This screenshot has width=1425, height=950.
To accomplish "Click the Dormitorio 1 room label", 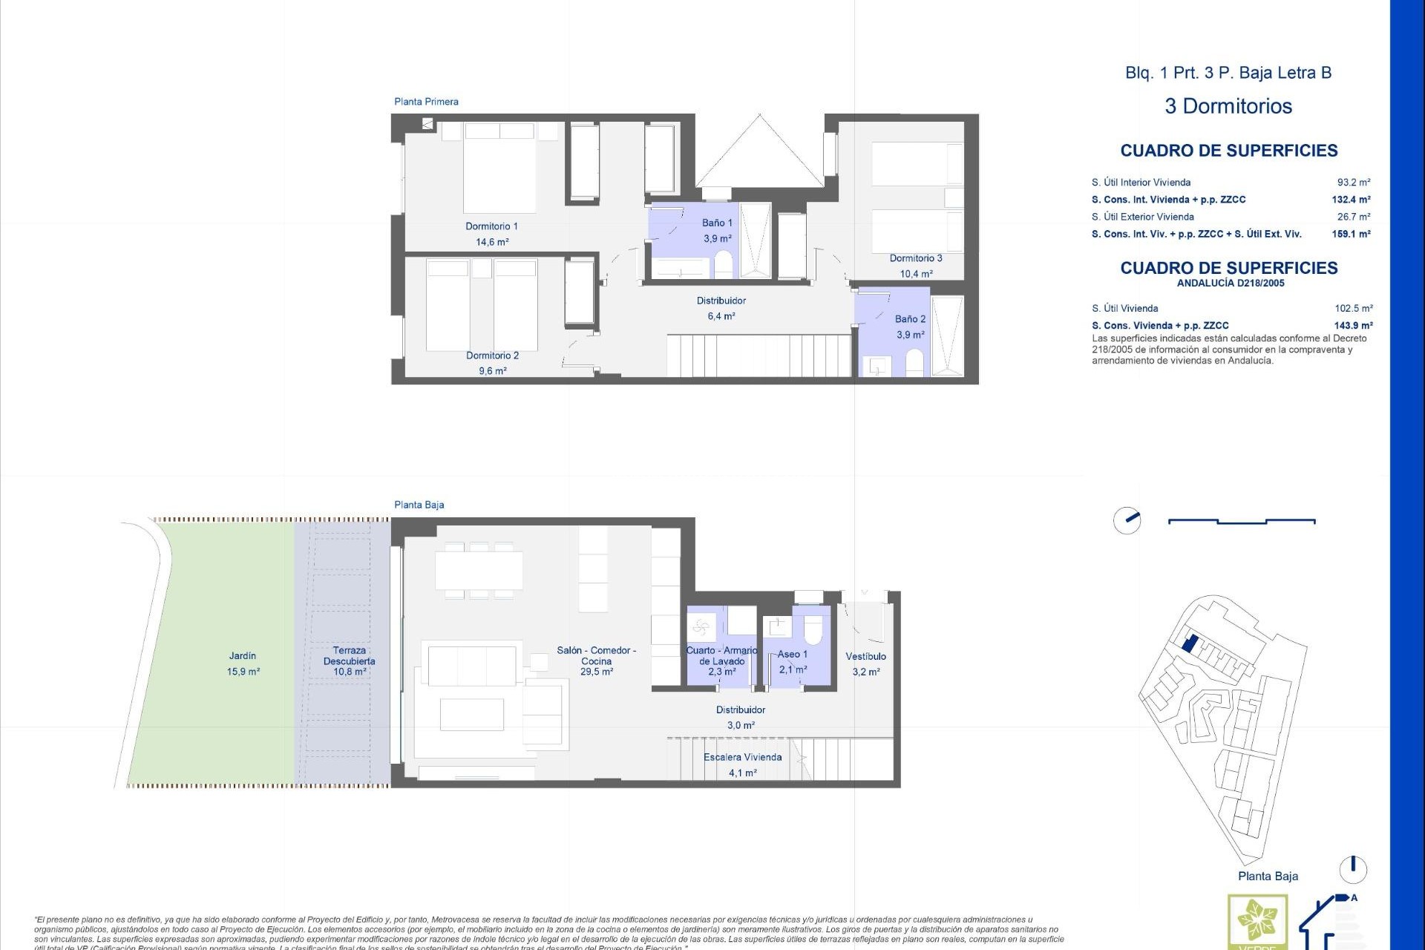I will click(x=491, y=226).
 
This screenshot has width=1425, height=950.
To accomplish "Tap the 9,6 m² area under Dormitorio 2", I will click(x=492, y=371).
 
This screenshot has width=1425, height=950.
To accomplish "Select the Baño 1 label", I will click(x=717, y=223).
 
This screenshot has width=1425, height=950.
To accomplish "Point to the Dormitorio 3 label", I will click(x=916, y=258).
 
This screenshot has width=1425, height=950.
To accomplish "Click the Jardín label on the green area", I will click(x=243, y=656).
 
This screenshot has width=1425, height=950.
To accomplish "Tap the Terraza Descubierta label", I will click(x=350, y=655).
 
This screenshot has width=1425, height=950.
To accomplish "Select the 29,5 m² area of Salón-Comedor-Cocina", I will click(x=597, y=672).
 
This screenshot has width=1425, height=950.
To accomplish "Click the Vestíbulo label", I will click(x=865, y=656).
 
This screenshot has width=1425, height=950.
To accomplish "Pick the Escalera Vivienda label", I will click(x=742, y=757).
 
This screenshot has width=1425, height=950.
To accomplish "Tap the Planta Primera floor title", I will click(x=426, y=102).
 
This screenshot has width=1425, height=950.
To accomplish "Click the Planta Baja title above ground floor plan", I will click(x=419, y=505).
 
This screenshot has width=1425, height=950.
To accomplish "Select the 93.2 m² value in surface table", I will click(x=1353, y=183).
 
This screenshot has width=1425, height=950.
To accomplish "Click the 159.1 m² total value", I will click(x=1351, y=234).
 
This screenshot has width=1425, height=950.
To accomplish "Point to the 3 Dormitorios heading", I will click(x=1228, y=106).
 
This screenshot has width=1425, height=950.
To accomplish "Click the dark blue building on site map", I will click(x=1188, y=643).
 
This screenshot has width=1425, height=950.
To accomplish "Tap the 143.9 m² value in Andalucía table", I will click(x=1353, y=325).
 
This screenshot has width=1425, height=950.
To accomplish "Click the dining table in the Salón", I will click(x=479, y=570).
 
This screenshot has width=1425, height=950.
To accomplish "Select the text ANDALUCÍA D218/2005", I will click(x=1230, y=283).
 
